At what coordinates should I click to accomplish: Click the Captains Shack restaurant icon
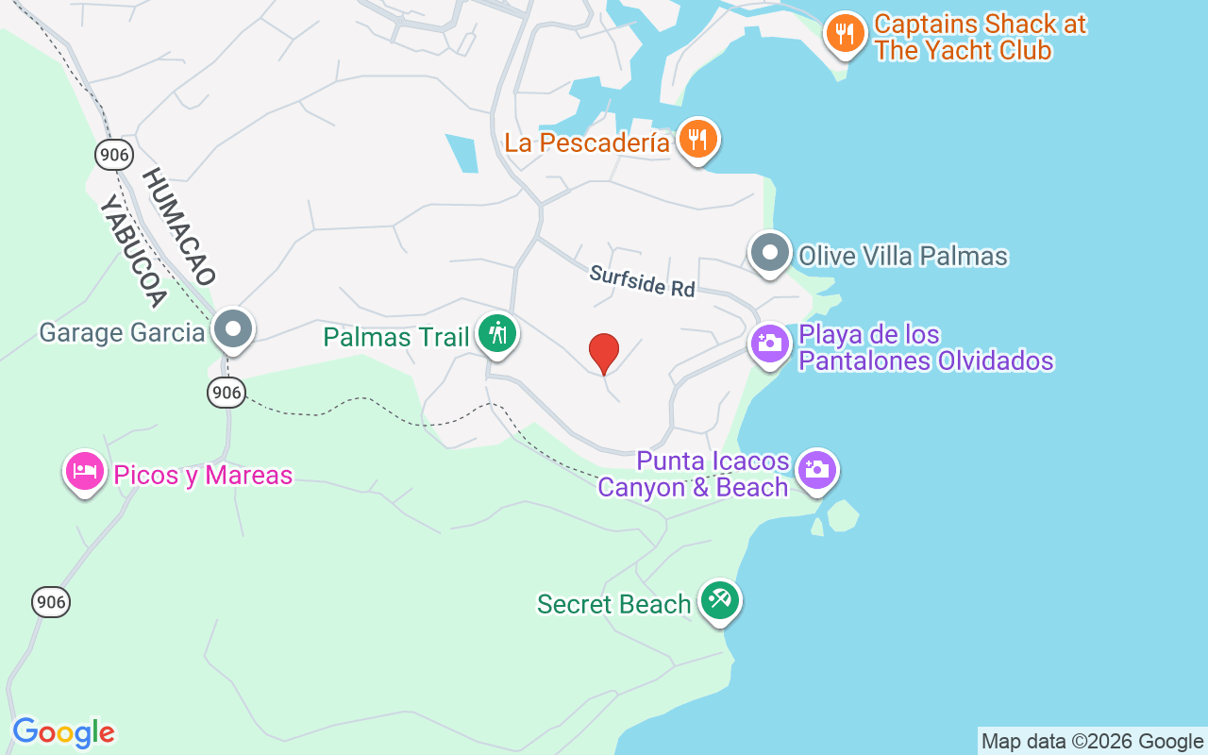[x=845, y=35]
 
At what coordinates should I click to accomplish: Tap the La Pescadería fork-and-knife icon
[x=697, y=141]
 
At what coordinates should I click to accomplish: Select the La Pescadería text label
[x=586, y=143]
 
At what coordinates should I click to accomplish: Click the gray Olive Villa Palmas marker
[x=770, y=254]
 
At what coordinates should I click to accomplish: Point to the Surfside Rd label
[x=642, y=281]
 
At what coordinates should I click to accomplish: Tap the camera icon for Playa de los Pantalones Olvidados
[x=770, y=343]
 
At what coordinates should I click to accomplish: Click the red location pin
[x=604, y=353]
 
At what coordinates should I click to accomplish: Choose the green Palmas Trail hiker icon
[x=496, y=333]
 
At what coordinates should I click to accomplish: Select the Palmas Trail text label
[x=395, y=337]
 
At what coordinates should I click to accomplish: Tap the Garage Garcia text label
[x=122, y=332]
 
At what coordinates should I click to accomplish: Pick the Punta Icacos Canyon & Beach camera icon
[x=816, y=470]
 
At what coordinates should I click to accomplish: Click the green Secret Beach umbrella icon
[x=720, y=601]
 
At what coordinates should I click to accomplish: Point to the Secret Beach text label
[x=613, y=604]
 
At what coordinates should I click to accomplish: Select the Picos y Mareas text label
[x=203, y=475]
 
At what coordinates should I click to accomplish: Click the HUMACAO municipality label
[x=179, y=226]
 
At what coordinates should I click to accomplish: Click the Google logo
[x=64, y=732]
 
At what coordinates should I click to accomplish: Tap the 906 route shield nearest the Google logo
[x=51, y=601]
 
